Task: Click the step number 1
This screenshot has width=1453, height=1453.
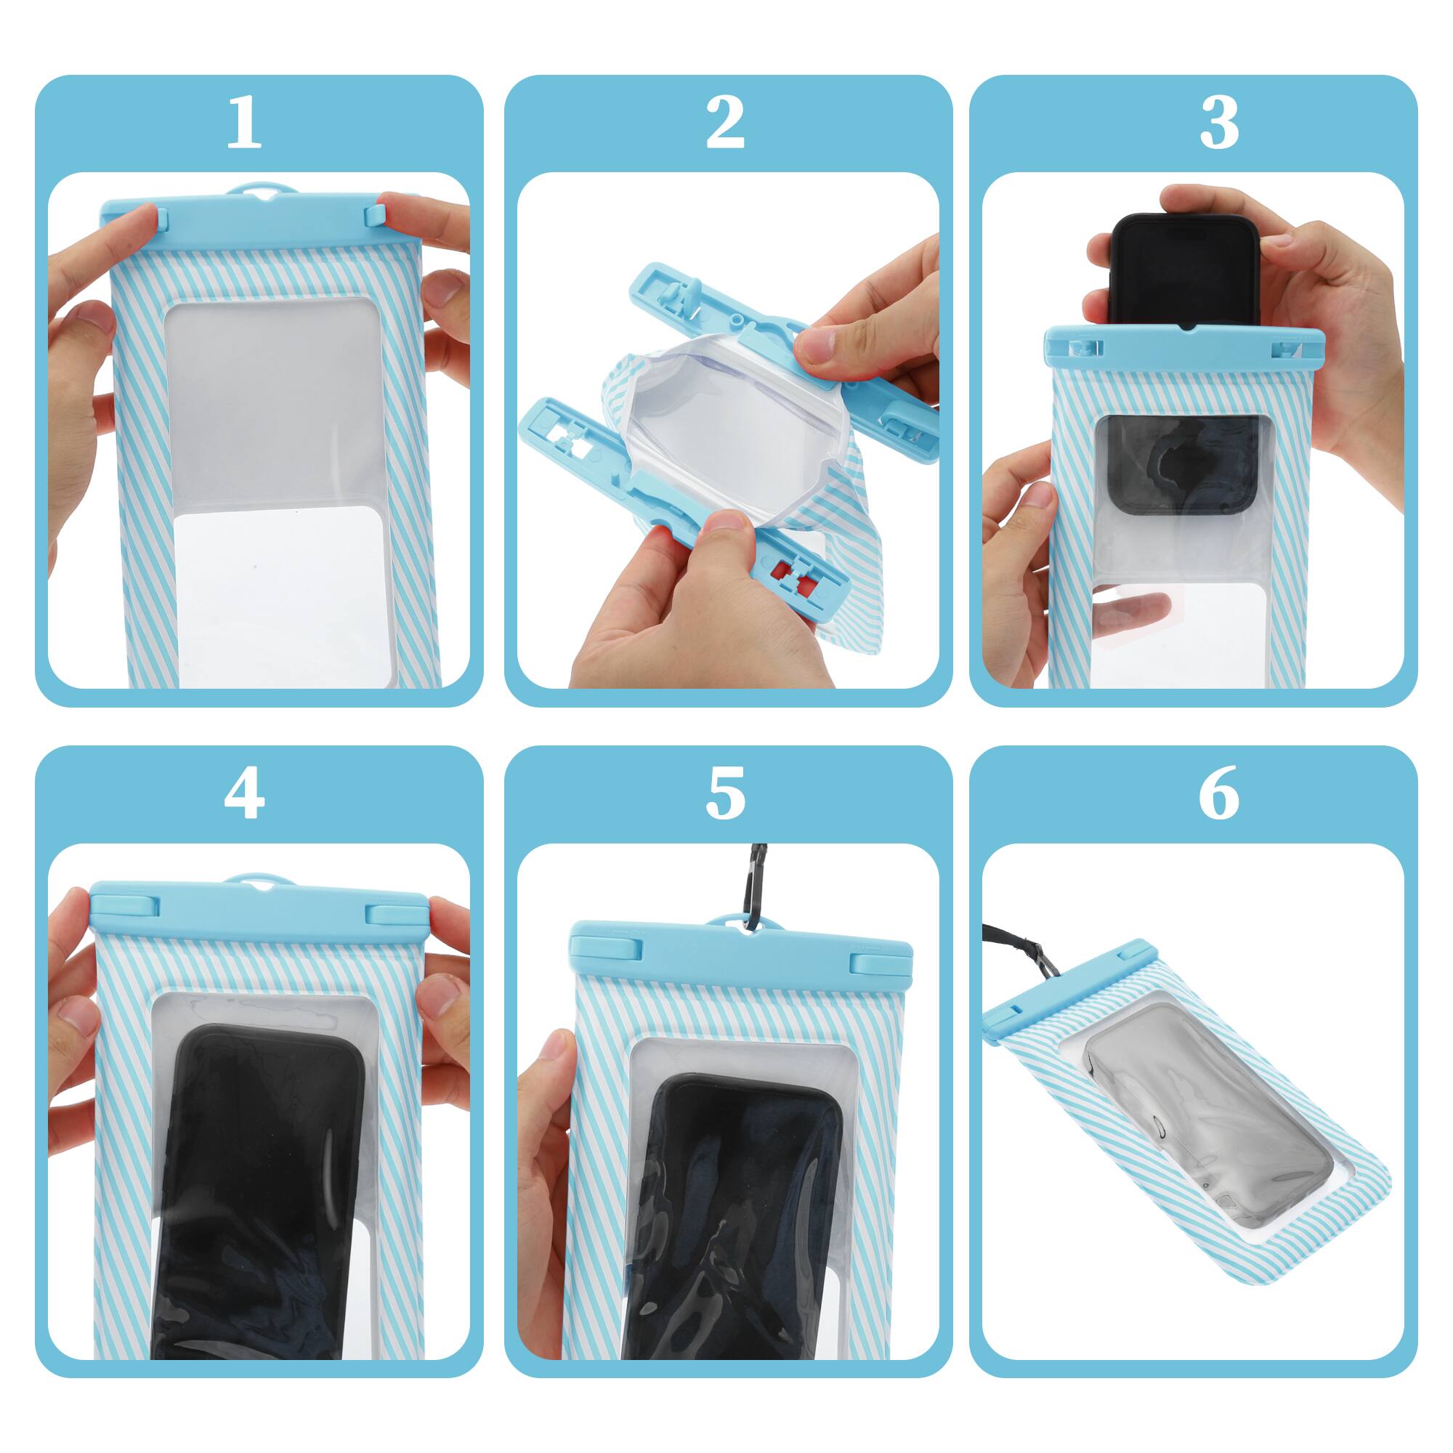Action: (x=243, y=124)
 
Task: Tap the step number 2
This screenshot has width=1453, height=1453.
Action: (x=725, y=124)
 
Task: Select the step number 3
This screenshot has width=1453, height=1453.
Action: (x=1218, y=124)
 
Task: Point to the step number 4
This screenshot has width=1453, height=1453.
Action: (x=243, y=795)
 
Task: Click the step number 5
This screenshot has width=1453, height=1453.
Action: (x=725, y=795)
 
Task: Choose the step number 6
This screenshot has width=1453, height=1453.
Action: (x=1218, y=795)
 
